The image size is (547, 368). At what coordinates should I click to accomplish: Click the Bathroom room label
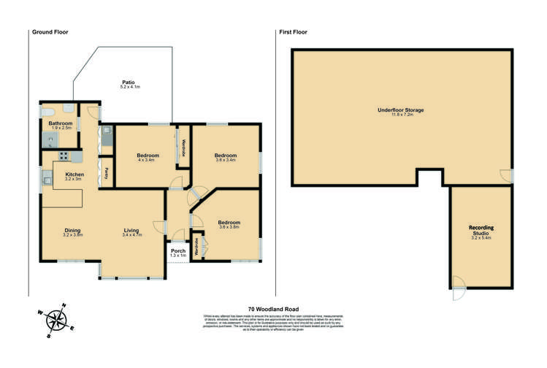(x=61, y=123)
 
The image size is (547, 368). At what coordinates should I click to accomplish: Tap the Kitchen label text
(x=74, y=175)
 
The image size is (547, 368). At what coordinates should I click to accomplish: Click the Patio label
(x=129, y=83)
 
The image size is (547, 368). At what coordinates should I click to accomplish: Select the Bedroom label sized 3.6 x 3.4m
(x=225, y=156)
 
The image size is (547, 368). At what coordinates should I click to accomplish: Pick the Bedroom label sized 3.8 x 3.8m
(x=229, y=222)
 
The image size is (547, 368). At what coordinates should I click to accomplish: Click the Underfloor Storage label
(x=400, y=110)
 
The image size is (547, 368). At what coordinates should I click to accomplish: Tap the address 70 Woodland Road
(x=273, y=309)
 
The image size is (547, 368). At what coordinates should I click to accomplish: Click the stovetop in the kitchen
(x=64, y=156)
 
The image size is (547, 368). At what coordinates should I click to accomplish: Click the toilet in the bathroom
(x=47, y=110)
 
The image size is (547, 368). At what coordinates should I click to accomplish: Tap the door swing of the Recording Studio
(x=456, y=290)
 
